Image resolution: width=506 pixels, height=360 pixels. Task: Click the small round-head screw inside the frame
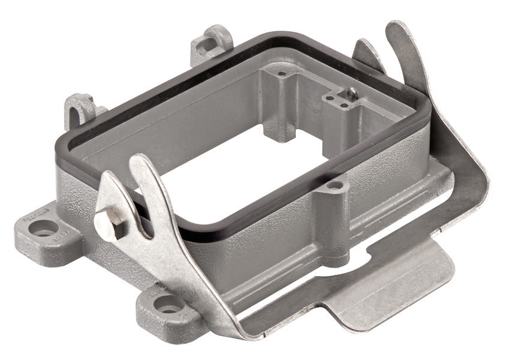[x=353, y=92]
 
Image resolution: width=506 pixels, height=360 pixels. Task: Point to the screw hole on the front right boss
[x=335, y=185]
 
